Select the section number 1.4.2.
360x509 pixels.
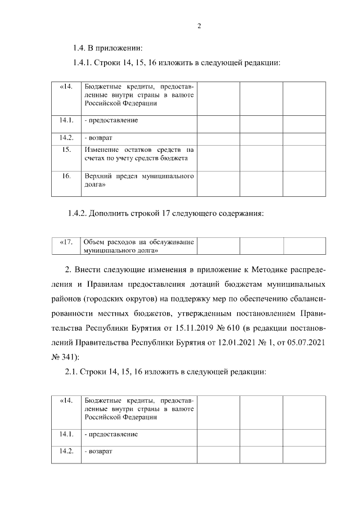(x=79, y=213)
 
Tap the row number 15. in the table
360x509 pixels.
(x=66, y=150)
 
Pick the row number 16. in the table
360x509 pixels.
(x=66, y=176)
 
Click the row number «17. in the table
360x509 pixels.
(x=66, y=242)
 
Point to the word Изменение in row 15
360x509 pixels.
(x=102, y=150)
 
